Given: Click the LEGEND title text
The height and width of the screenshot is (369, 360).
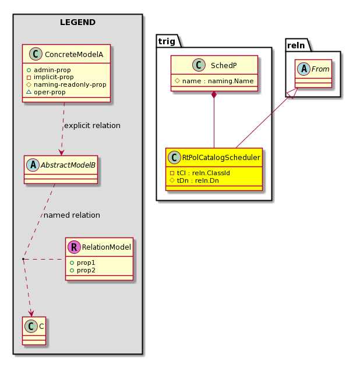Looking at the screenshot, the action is tap(77, 22).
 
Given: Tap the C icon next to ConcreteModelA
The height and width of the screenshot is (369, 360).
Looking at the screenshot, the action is tap(36, 54).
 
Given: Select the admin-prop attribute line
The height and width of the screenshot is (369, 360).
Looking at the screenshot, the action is tap(49, 70).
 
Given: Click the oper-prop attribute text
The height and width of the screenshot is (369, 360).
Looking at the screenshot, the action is tap(50, 92).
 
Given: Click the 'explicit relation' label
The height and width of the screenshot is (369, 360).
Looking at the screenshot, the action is tap(92, 126).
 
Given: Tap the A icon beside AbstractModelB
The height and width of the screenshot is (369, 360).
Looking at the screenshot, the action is tap(33, 165).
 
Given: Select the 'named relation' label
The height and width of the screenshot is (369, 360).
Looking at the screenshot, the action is tap(72, 215).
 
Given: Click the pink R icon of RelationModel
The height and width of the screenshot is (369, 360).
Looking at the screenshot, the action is tap(74, 247).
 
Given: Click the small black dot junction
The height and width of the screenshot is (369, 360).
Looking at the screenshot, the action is tap(23, 259).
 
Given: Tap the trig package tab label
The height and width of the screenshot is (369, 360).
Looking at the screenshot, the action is tap(167, 41).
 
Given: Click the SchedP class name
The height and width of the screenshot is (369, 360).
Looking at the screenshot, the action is tap(224, 65).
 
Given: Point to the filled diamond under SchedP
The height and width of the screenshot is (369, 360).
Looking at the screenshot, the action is tap(214, 95).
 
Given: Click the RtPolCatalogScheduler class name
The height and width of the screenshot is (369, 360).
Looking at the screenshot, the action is tap(221, 158).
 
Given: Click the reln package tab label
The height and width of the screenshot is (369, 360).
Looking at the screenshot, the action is tap(296, 45).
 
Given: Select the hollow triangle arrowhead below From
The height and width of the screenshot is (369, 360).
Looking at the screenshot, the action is tap(292, 93).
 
